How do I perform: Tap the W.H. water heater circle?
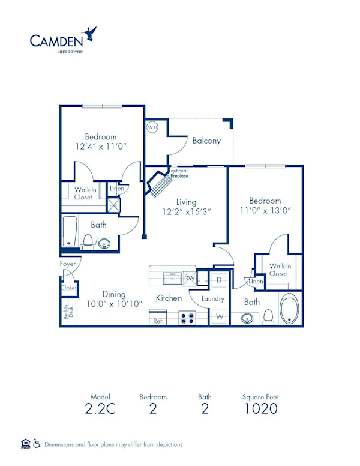152,127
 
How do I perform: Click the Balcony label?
206,141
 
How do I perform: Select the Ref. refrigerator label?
158,321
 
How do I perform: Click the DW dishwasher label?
190,278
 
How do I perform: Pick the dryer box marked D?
219,280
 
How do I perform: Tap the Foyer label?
67,264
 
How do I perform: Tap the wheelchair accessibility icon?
37,444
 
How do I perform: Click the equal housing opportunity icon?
25,444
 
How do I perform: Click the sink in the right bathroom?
248,318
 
